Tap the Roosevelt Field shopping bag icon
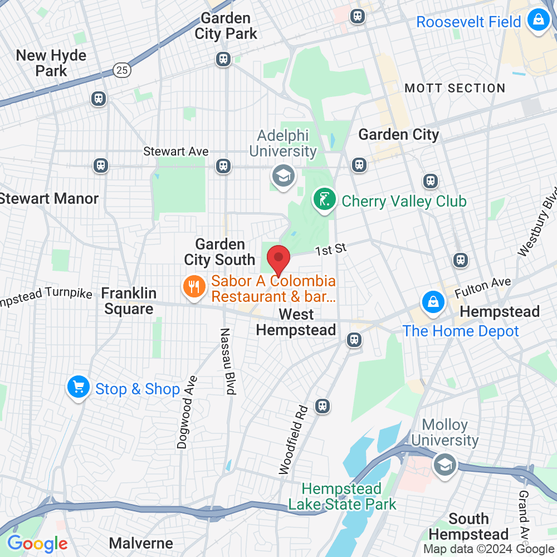point(538,21)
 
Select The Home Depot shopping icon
point(432,303)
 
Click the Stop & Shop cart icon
point(79,387)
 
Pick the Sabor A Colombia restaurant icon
point(193,287)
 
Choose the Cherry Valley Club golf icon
point(324,199)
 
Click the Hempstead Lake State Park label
point(342,497)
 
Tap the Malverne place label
point(141,543)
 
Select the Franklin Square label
point(129,301)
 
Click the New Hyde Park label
point(51,63)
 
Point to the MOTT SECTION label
point(455,88)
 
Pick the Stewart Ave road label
point(176,152)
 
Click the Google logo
point(37,544)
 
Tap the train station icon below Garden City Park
point(223,58)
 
